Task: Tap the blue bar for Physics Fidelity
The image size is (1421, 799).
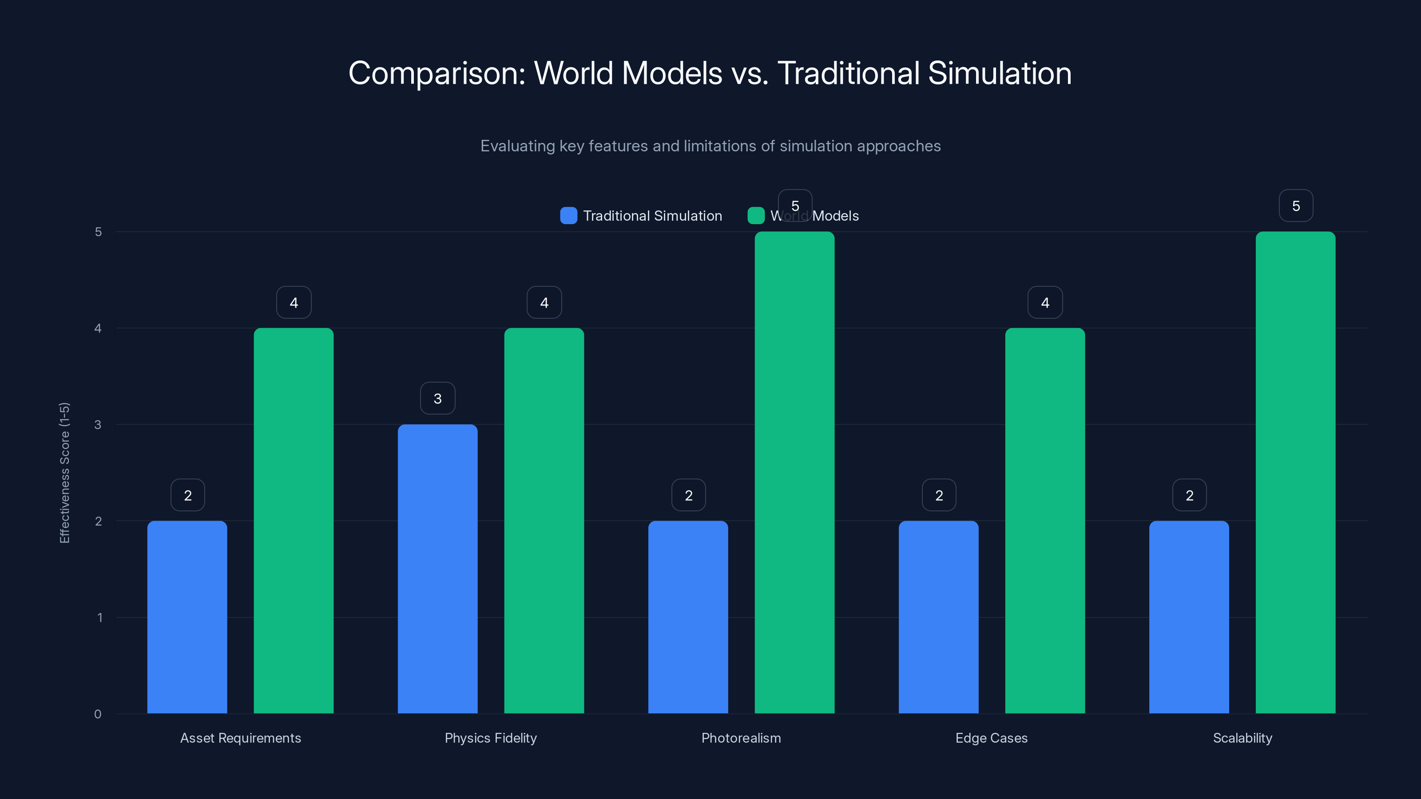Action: (437, 569)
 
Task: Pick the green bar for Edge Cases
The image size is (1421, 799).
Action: (1045, 521)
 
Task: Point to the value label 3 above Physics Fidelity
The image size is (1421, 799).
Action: (437, 398)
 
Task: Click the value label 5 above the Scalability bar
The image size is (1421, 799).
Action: (1296, 206)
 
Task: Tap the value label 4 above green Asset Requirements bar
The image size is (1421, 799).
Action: (294, 302)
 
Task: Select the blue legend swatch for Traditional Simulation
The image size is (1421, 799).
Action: (568, 216)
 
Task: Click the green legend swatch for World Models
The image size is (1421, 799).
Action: (756, 216)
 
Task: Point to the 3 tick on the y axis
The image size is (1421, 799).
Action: (98, 425)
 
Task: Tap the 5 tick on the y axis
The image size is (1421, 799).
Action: (98, 232)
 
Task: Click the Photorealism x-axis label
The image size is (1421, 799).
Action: (741, 738)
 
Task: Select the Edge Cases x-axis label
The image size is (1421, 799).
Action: (991, 738)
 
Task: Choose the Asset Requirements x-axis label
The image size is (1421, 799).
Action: (241, 738)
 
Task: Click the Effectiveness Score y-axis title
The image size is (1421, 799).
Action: (64, 473)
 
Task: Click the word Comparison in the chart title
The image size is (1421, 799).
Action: (437, 73)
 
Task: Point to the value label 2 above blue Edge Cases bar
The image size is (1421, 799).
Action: (939, 495)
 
